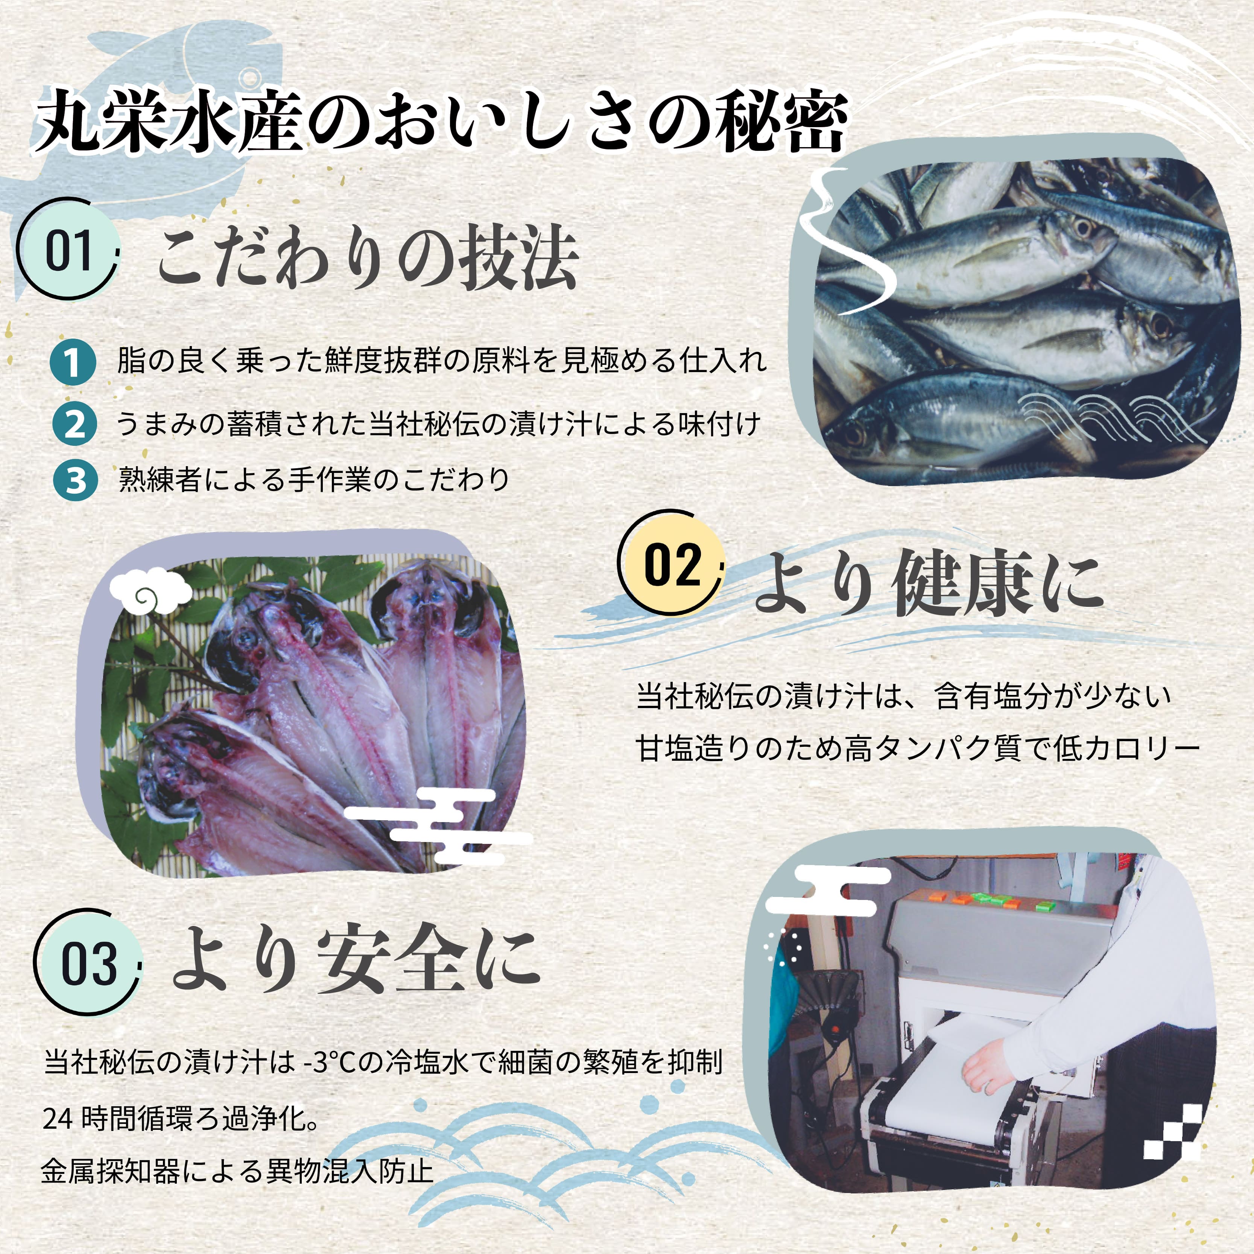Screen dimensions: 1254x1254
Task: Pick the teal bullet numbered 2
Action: [74, 424]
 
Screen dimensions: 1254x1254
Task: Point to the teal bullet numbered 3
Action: [75, 480]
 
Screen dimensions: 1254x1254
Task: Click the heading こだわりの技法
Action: [367, 258]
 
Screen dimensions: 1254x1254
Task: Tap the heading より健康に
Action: [928, 582]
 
